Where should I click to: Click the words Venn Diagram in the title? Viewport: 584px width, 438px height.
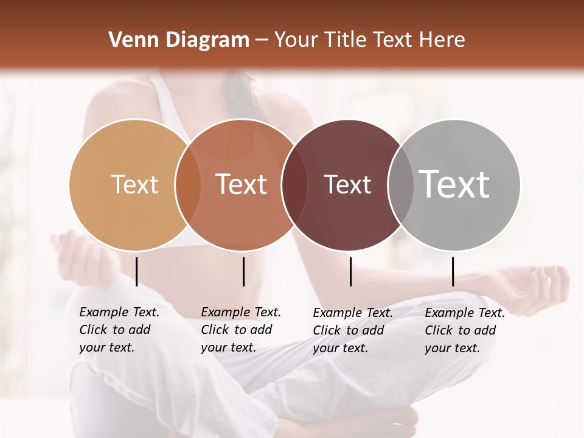click(x=179, y=40)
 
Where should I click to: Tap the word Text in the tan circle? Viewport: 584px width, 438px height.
click(x=134, y=184)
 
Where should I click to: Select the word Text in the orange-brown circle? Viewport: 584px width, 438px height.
click(x=242, y=184)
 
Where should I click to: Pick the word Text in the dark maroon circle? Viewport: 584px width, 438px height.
click(x=347, y=185)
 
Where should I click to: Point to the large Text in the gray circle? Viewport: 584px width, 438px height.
click(x=454, y=184)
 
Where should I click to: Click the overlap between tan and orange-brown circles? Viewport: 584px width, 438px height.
click(x=188, y=185)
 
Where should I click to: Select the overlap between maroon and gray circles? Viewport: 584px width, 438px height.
click(x=400, y=185)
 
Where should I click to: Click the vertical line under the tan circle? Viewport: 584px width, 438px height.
click(x=137, y=271)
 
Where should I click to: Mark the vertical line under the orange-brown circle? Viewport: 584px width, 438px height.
click(x=243, y=271)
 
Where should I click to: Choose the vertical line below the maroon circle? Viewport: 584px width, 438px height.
click(x=351, y=271)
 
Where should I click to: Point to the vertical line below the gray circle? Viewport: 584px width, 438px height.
click(x=453, y=271)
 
